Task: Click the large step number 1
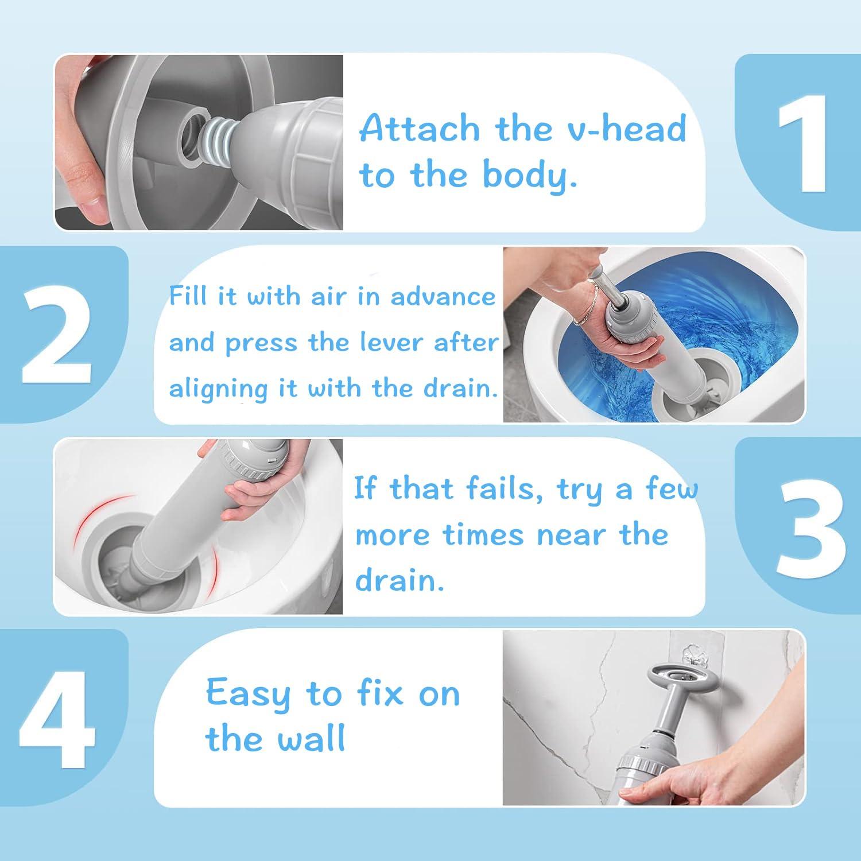(802, 143)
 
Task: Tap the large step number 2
(56, 336)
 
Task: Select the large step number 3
(809, 528)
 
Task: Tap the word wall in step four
(311, 739)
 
